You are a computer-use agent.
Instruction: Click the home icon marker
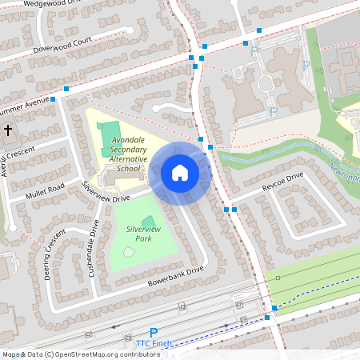click(180, 172)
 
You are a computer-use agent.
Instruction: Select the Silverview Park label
click(133, 234)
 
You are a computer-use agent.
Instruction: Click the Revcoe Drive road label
click(282, 182)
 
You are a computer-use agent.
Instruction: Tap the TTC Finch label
click(154, 343)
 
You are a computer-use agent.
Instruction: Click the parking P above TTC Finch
click(154, 332)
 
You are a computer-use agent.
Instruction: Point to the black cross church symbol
click(8, 130)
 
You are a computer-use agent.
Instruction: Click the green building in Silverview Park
click(148, 222)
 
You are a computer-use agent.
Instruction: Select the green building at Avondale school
click(110, 130)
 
